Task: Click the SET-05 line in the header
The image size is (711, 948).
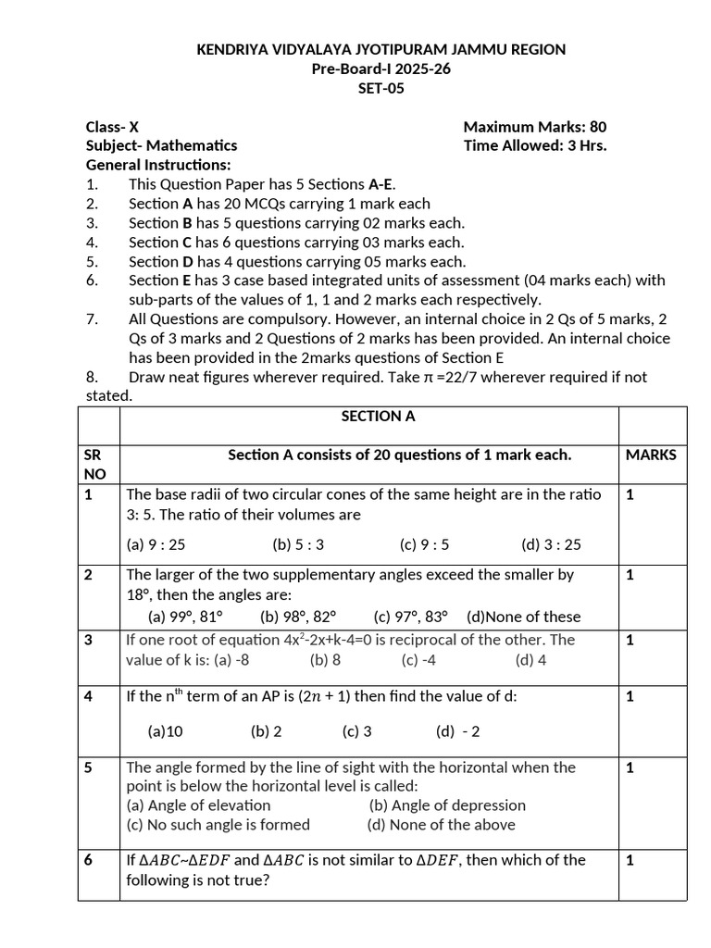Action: click(x=380, y=89)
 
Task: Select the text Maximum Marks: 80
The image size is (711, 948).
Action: click(x=534, y=127)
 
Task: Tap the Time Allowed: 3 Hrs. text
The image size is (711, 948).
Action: click(x=534, y=145)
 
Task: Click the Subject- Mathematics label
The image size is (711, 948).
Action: click(x=161, y=145)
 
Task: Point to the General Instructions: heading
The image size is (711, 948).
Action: click(x=157, y=165)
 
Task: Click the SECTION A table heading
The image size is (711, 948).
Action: click(x=378, y=417)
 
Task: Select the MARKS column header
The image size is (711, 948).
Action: click(x=651, y=455)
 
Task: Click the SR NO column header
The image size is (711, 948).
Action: click(x=94, y=464)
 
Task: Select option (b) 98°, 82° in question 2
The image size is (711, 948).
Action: click(x=298, y=617)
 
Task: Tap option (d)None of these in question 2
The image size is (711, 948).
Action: click(x=524, y=617)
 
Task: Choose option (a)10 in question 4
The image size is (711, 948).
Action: click(x=166, y=731)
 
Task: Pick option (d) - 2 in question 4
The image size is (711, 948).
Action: click(x=458, y=731)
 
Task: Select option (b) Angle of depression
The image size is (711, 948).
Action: click(x=447, y=805)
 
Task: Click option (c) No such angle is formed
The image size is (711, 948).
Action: click(x=218, y=825)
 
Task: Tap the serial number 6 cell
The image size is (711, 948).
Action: click(x=89, y=860)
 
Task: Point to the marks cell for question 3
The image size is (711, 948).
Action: click(x=630, y=640)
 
